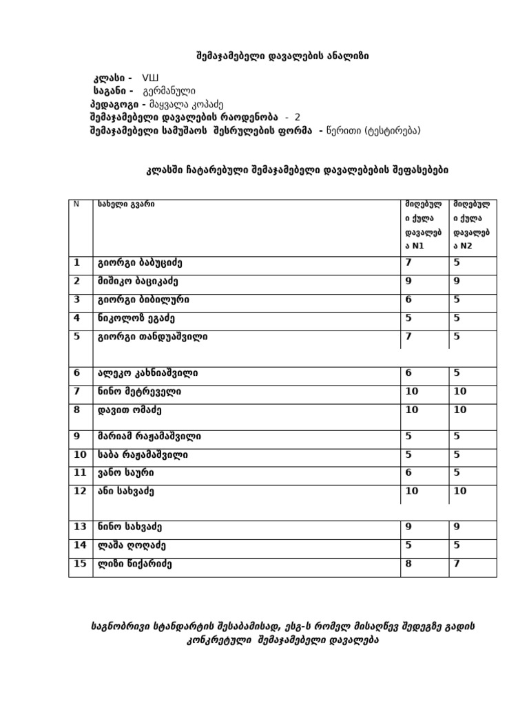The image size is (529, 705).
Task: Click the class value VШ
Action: pyautogui.click(x=151, y=78)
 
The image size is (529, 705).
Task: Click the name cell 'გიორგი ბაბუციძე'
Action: pyautogui.click(x=140, y=263)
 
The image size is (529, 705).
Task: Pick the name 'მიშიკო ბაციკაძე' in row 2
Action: pyautogui.click(x=140, y=282)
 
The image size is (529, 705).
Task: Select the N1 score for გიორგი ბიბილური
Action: pyautogui.click(x=408, y=300)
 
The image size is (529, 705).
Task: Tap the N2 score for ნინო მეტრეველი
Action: pyautogui.click(x=460, y=392)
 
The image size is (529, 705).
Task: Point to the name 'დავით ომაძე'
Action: pyautogui.click(x=129, y=410)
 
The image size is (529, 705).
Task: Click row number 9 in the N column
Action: pyautogui.click(x=77, y=436)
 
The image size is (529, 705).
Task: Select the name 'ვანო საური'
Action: pyautogui.click(x=126, y=473)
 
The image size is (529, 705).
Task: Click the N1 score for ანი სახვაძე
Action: pyautogui.click(x=412, y=492)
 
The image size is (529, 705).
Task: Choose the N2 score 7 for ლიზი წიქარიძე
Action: pyautogui.click(x=457, y=564)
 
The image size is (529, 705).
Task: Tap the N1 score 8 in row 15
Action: pyautogui.click(x=408, y=564)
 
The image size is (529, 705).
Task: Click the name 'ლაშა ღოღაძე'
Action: pyautogui.click(x=131, y=545)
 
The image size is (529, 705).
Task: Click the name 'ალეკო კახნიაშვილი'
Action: pyautogui.click(x=147, y=373)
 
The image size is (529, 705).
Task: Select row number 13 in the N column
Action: pyautogui.click(x=80, y=527)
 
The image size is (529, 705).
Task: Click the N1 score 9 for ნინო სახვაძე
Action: pyautogui.click(x=408, y=527)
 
